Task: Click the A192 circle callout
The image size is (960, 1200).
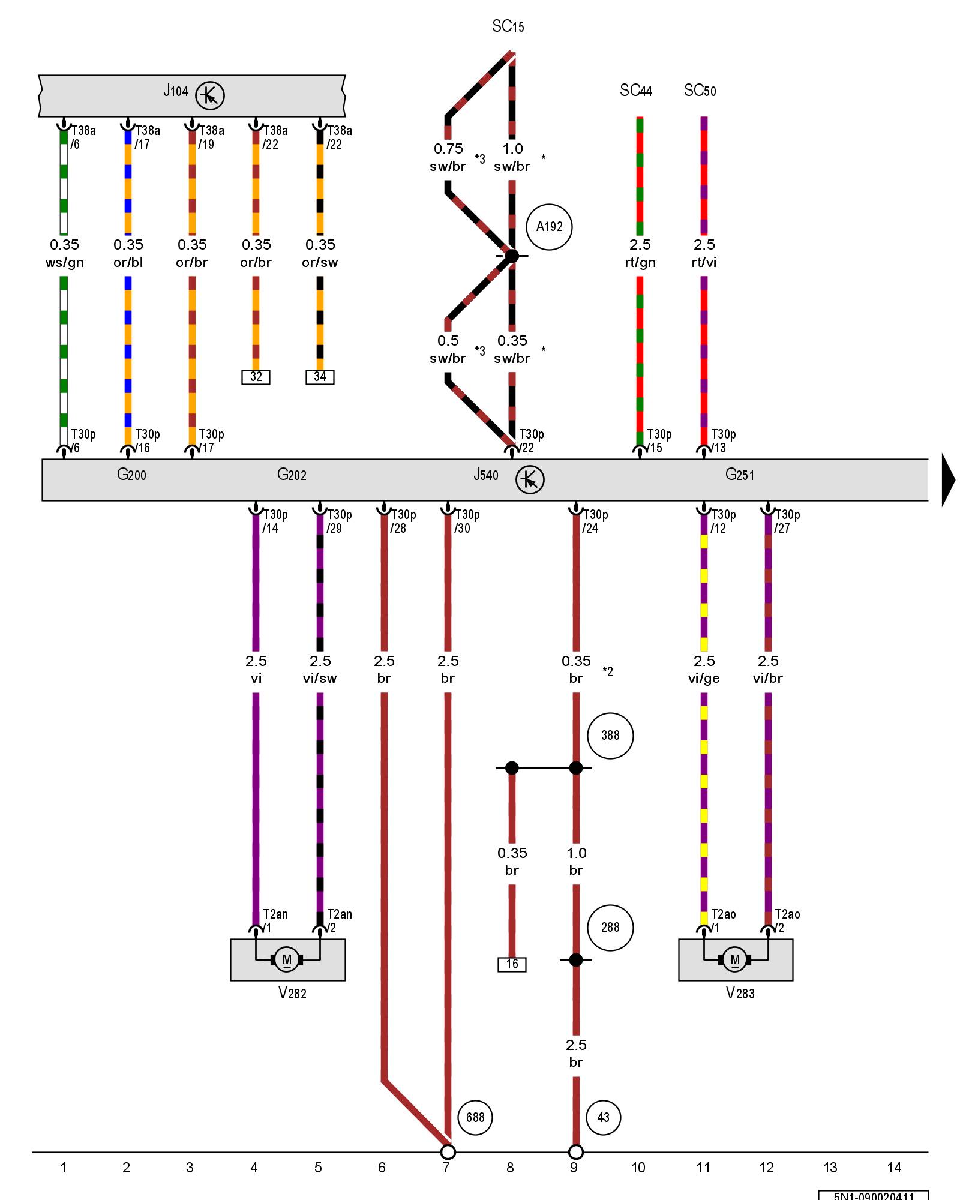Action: pos(549,227)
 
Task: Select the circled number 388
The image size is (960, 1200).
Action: pos(610,736)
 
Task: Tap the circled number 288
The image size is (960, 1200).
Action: pos(610,928)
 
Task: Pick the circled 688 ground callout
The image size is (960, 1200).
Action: pos(475,1117)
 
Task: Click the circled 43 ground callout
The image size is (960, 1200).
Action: pos(604,1117)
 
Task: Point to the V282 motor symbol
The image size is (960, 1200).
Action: pos(287,959)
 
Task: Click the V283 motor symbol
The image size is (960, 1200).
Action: pos(735,959)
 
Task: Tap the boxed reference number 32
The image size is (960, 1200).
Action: pos(256,377)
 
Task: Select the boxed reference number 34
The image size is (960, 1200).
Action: pos(320,377)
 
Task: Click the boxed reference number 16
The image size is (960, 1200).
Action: pos(512,964)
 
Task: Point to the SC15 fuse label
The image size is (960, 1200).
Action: pos(508,26)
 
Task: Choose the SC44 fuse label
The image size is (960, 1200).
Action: pos(636,91)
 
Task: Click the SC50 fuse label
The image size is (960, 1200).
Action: pos(700,91)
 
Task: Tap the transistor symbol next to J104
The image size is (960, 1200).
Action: pos(210,95)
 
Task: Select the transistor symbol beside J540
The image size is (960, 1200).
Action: pos(530,480)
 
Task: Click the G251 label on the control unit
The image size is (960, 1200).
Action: pos(739,475)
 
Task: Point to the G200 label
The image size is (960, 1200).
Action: pos(131,475)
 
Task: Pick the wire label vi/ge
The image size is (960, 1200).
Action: pos(704,678)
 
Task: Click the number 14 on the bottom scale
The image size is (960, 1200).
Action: pos(894,1168)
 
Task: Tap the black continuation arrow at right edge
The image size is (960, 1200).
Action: pos(949,480)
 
